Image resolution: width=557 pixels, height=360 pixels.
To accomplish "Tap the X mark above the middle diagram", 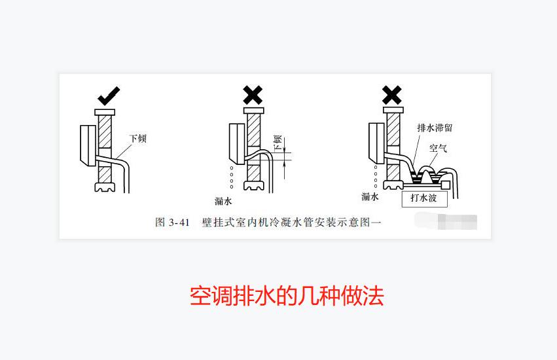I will coord(253,96).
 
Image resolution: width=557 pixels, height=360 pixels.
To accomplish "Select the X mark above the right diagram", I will coord(391,95).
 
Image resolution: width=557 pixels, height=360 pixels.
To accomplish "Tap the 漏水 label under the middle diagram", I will coord(224,200).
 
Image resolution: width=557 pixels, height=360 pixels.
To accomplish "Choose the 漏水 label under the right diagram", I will coord(370,196).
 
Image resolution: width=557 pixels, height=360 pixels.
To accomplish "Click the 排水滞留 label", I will coord(435,128).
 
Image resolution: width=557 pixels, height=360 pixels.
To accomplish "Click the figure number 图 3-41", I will coord(172,223).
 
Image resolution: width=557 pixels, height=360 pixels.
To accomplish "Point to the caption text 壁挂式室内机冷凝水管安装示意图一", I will coord(291,223).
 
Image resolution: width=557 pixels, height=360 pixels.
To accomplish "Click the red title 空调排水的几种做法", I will coord(287,296).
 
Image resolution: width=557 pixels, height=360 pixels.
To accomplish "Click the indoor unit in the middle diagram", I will coord(236,142).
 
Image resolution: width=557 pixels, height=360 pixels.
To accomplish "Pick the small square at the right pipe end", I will coord(446,185).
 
